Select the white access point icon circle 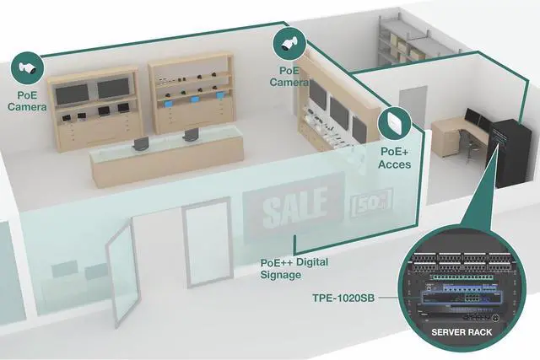click(x=393, y=124)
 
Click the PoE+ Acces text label click(x=395, y=158)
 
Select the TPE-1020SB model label click(x=342, y=298)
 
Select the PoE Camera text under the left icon click(x=26, y=100)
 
